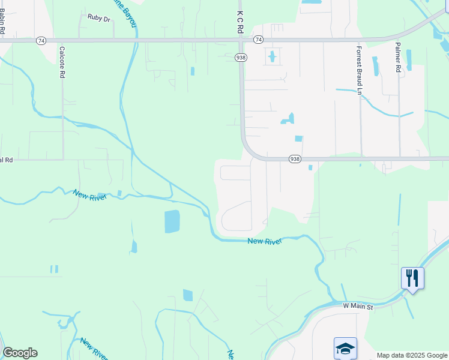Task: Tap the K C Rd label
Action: click(x=240, y=20)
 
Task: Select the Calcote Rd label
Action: click(x=62, y=62)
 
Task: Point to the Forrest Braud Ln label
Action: click(x=359, y=70)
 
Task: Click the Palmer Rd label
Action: click(x=397, y=57)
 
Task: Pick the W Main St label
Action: click(x=358, y=307)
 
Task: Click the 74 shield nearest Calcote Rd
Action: click(x=40, y=40)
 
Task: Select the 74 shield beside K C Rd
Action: click(x=258, y=40)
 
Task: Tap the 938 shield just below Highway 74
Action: click(x=241, y=57)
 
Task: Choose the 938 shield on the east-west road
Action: click(x=294, y=158)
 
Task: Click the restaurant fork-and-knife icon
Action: click(x=412, y=278)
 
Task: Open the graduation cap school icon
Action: click(x=345, y=348)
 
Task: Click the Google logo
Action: click(x=20, y=353)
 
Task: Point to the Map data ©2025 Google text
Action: click(x=411, y=355)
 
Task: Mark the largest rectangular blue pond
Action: click(x=172, y=222)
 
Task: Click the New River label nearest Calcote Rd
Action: click(x=89, y=195)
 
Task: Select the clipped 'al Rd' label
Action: click(x=6, y=160)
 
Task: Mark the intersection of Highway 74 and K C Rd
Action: click(x=241, y=40)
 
